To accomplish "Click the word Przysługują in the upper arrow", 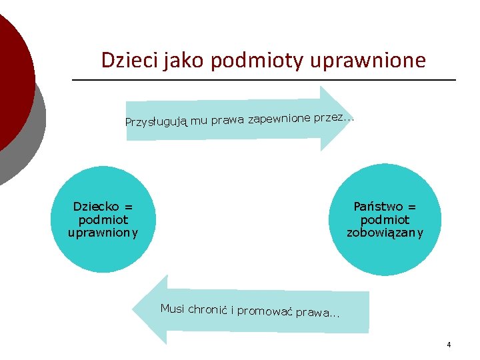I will [156, 122].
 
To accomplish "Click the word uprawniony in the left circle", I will [103, 233].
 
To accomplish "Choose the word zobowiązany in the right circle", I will [385, 233].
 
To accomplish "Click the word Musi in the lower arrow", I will [172, 308].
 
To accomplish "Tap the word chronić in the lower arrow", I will [208, 309].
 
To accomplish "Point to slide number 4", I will [449, 345].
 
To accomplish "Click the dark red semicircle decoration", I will [13, 80].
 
